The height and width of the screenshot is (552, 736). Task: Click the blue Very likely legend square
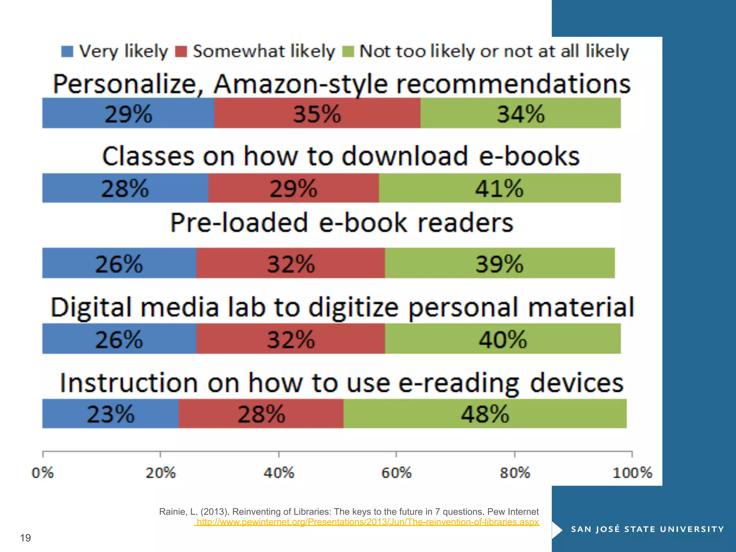(67, 51)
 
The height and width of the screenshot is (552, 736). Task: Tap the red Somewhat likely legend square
(181, 51)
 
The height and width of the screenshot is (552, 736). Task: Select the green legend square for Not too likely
(348, 51)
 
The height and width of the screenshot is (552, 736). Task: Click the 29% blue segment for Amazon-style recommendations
(128, 113)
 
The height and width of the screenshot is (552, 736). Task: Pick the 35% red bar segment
(317, 113)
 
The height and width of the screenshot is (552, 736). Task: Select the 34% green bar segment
(520, 113)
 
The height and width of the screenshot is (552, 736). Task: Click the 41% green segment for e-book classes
(500, 188)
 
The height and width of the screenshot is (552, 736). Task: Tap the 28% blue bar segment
(125, 188)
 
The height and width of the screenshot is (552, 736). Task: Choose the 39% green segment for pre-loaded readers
(500, 263)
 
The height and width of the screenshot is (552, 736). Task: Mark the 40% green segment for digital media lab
(502, 339)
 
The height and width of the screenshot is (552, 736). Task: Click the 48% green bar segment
(485, 413)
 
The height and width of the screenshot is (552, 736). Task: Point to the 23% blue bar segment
(110, 413)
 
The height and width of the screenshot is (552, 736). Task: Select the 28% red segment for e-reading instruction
(261, 413)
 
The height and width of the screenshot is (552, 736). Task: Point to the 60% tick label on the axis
(396, 473)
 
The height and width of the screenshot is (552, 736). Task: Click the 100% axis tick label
(632, 473)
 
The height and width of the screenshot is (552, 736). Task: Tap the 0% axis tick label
(42, 473)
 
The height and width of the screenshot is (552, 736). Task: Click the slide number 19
(26, 538)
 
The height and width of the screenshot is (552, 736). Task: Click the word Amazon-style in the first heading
(300, 84)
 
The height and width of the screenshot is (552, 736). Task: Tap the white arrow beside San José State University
(557, 530)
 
